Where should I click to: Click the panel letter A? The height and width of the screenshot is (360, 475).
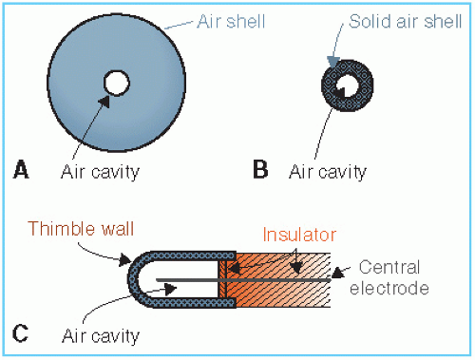[21, 170]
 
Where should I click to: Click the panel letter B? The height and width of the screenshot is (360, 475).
[260, 169]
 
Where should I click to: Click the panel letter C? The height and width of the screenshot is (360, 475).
[20, 333]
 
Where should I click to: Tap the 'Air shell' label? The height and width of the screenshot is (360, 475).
[231, 22]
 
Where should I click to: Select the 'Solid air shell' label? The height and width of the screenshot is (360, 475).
[405, 22]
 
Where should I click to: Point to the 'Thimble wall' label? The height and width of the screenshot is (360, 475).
[81, 228]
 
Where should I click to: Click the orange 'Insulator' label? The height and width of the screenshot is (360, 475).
[299, 235]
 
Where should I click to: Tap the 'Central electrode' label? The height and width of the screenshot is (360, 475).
[389, 277]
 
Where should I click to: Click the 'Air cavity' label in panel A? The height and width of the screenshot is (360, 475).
[100, 172]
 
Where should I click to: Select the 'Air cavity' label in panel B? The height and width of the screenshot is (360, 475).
[328, 172]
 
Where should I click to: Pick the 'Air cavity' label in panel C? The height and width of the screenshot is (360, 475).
[101, 336]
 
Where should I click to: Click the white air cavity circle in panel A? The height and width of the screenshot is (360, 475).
[117, 83]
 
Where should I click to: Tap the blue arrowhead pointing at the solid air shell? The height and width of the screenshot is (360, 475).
[333, 62]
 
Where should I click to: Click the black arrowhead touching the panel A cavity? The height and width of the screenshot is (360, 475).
[104, 102]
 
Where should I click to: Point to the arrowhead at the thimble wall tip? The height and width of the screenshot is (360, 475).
[124, 260]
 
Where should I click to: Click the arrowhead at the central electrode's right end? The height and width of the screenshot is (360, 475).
[337, 273]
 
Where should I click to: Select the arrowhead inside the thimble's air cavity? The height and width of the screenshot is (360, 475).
[171, 288]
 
